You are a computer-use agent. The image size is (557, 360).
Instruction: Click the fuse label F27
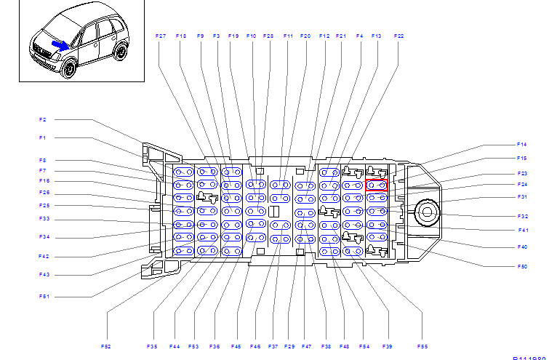click(x=161, y=36)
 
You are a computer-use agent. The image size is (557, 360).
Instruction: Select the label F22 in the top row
click(x=398, y=36)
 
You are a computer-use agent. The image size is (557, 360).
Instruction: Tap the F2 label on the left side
click(x=43, y=119)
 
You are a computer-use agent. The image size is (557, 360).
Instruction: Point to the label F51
click(x=44, y=297)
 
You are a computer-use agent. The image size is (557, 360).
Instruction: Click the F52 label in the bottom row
click(x=106, y=346)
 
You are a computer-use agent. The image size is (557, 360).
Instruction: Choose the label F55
click(x=422, y=346)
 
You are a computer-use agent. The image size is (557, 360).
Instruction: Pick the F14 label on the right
click(x=521, y=144)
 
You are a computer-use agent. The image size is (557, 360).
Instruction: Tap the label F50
click(x=521, y=267)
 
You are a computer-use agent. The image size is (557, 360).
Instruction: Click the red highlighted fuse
click(x=377, y=185)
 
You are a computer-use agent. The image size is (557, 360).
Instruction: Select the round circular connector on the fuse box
click(x=426, y=213)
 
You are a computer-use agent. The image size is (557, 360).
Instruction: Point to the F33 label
click(x=44, y=219)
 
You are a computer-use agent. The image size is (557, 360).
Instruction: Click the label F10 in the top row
click(x=251, y=36)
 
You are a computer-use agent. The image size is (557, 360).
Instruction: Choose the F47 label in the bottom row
click(x=306, y=346)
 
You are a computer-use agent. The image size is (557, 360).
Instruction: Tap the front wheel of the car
click(x=69, y=69)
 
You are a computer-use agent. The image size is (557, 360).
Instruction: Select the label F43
click(x=44, y=275)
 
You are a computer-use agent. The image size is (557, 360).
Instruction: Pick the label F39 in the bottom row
click(x=388, y=346)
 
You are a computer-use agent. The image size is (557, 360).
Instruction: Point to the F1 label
click(x=43, y=137)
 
